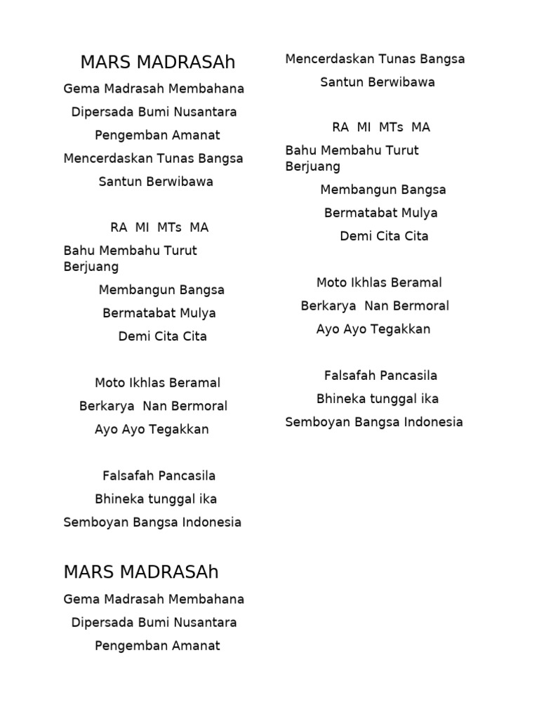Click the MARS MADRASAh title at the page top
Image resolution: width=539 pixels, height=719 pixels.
157,62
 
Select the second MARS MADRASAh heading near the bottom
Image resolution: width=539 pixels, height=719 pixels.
141,572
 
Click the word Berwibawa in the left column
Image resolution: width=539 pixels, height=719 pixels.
180,181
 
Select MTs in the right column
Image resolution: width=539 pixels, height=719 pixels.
391,127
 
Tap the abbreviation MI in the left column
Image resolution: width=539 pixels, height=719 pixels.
142,227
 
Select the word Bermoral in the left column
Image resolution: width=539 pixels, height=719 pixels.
199,406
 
